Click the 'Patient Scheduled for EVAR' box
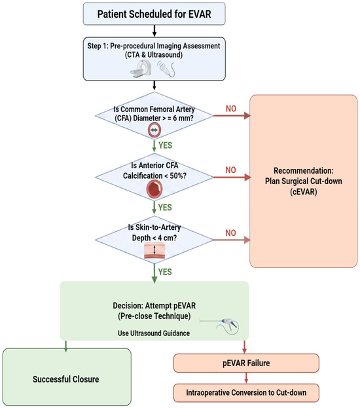(154, 14)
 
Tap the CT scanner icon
(141, 68)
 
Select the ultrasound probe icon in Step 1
(166, 68)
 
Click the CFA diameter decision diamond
(154, 115)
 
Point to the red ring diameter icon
(154, 130)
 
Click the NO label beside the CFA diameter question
(230, 109)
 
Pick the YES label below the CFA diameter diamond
(165, 145)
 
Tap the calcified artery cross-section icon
(154, 189)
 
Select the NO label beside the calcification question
(230, 170)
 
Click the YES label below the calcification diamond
(165, 208)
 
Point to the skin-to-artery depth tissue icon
(154, 251)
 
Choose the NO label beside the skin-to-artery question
(230, 233)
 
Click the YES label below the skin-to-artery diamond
(165, 272)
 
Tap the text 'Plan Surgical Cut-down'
(303, 181)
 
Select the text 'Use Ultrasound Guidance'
(154, 333)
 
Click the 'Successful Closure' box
(67, 377)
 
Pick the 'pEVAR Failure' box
(246, 363)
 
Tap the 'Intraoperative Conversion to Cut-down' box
(246, 393)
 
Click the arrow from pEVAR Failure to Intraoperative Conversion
(246, 378)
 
